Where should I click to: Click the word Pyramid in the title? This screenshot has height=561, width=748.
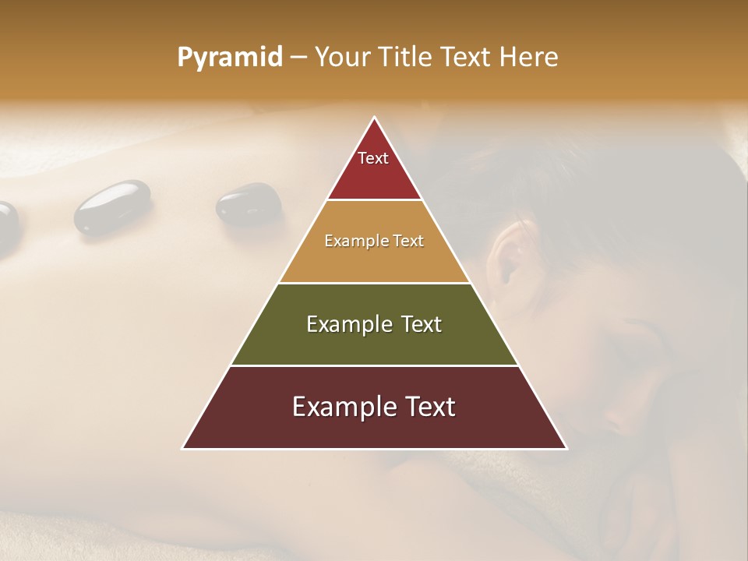pyautogui.click(x=230, y=58)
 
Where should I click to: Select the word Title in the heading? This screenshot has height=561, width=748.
pyautogui.click(x=407, y=57)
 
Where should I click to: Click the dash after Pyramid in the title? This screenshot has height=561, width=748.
pyautogui.click(x=298, y=58)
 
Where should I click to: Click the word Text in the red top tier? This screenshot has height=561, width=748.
pyautogui.click(x=373, y=158)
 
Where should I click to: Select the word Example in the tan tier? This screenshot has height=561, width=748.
pyautogui.click(x=354, y=241)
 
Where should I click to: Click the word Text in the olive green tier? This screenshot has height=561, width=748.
pyautogui.click(x=422, y=324)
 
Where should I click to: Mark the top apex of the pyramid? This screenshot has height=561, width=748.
pyautogui.click(x=375, y=118)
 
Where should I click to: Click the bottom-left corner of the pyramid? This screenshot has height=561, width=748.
pyautogui.click(x=183, y=448)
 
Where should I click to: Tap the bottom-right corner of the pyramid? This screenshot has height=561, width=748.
pyautogui.click(x=566, y=448)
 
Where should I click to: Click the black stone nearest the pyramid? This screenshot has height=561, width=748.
pyautogui.click(x=249, y=205)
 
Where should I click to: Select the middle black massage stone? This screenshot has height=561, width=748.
pyautogui.click(x=112, y=206)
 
